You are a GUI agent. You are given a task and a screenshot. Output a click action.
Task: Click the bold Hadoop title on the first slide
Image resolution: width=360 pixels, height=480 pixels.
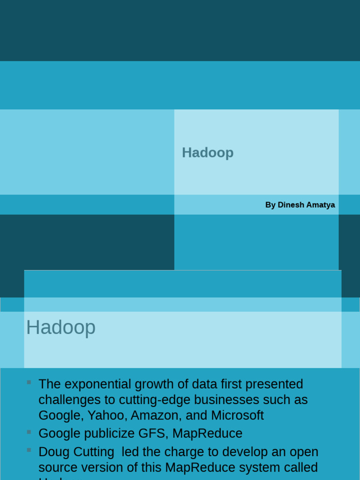pyautogui.click(x=208, y=153)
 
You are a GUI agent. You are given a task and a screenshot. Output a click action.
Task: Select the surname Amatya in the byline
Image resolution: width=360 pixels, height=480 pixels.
pyautogui.click(x=321, y=205)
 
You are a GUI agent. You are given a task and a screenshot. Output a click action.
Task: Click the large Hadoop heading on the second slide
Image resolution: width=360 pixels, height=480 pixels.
pyautogui.click(x=61, y=327)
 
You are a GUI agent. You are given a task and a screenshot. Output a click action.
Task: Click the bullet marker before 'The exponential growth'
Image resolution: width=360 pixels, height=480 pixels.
pyautogui.click(x=29, y=382)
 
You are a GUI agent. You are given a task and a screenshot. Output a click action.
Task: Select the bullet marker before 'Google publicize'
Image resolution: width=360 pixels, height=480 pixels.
pyautogui.click(x=29, y=432)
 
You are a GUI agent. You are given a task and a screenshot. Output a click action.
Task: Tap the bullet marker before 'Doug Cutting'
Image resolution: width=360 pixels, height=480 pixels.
pyautogui.click(x=29, y=450)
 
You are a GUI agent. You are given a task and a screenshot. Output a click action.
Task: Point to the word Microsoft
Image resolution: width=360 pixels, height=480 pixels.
pyautogui.click(x=237, y=415)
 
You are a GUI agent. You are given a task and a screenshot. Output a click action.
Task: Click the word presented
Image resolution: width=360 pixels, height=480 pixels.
pyautogui.click(x=274, y=384)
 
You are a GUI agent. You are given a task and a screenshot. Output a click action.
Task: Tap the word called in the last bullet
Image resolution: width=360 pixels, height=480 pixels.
pyautogui.click(x=299, y=468)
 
